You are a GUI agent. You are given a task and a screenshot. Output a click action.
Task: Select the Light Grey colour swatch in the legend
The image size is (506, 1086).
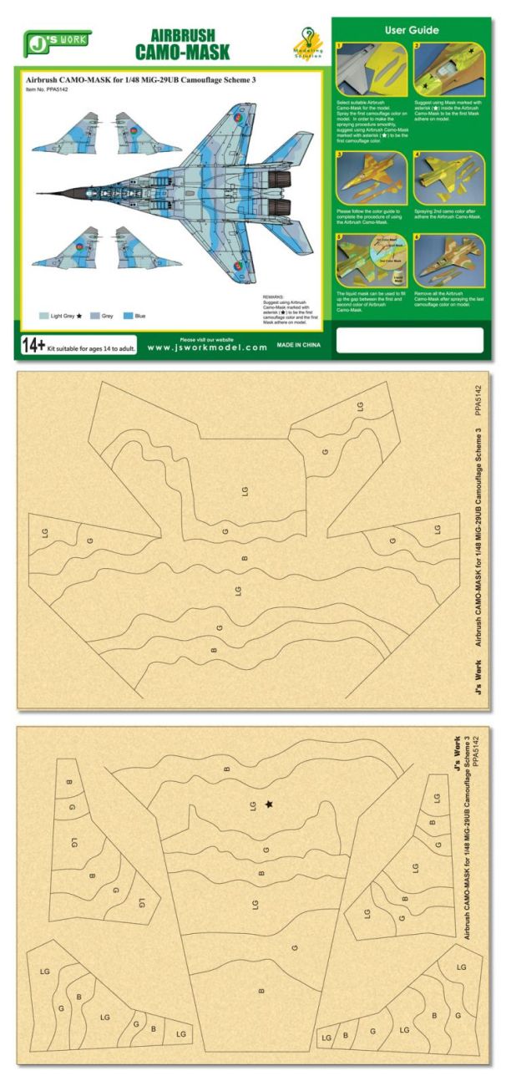[44, 317]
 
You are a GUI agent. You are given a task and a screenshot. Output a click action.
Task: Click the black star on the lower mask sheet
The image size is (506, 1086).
[269, 804]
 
